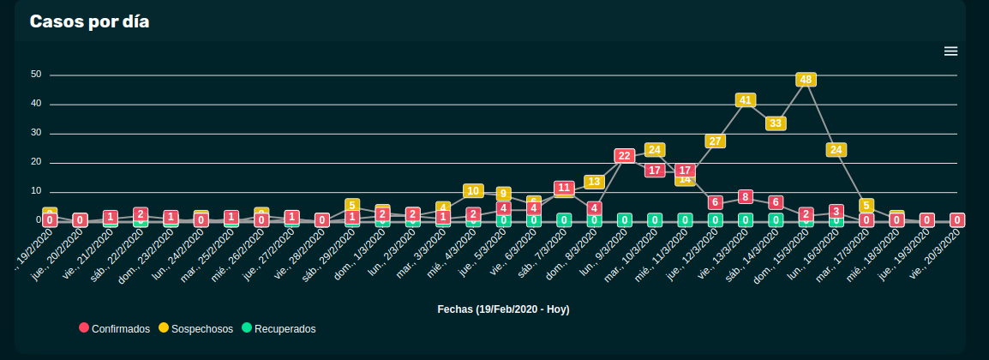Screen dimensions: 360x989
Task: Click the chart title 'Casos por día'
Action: tap(89, 21)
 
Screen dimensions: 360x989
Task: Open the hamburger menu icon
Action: tap(950, 51)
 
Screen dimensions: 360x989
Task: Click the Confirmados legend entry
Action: tap(115, 328)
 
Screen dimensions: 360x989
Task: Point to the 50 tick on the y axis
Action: tap(36, 75)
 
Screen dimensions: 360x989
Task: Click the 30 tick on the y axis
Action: tap(36, 133)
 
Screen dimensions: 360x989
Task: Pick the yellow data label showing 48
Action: tap(806, 80)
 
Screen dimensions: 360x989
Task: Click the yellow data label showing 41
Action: tap(745, 100)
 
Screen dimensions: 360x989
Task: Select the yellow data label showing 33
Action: tap(776, 123)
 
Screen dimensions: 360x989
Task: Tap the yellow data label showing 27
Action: tap(715, 141)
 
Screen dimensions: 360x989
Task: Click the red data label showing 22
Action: tap(624, 156)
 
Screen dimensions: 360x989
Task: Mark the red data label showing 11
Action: tap(563, 188)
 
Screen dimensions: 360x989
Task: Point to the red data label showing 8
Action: tap(745, 197)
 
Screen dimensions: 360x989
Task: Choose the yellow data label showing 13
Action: tap(594, 182)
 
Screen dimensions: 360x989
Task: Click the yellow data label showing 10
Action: tap(473, 191)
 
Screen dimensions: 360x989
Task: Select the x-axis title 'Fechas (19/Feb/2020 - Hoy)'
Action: tap(503, 309)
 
